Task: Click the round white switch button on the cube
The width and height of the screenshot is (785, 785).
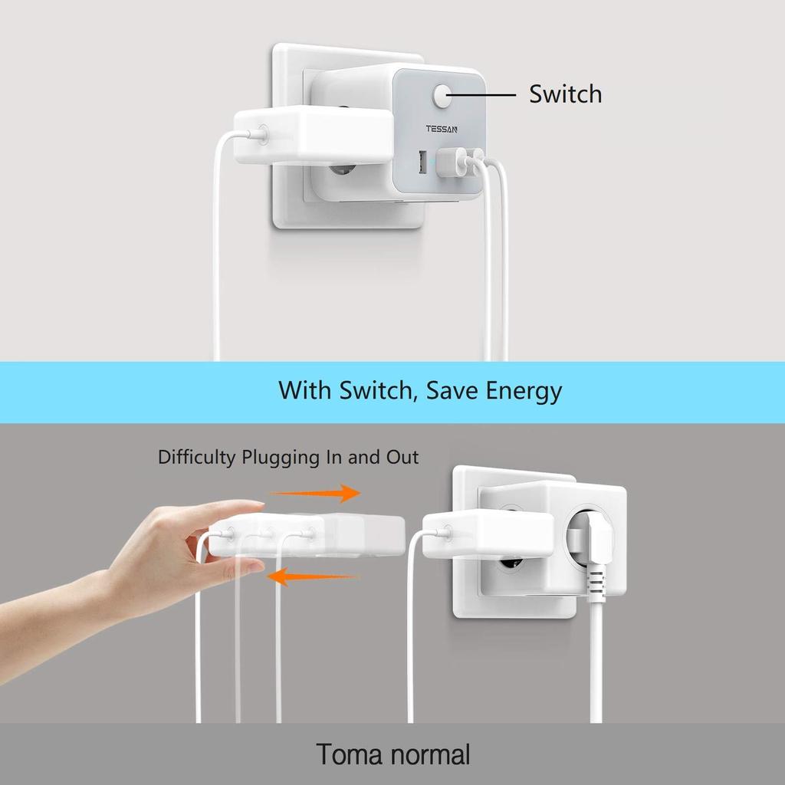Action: pos(442,97)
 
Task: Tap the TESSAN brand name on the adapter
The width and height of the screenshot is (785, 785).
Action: pos(442,129)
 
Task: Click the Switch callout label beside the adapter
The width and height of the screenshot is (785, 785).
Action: pos(565,94)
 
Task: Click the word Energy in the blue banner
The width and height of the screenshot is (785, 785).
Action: pos(524,391)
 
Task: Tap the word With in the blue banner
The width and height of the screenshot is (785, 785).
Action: pos(303,391)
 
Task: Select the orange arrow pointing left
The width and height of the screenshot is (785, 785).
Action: pos(314,576)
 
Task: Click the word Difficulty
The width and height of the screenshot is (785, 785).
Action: pos(197,458)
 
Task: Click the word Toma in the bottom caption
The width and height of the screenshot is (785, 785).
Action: pos(349,754)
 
